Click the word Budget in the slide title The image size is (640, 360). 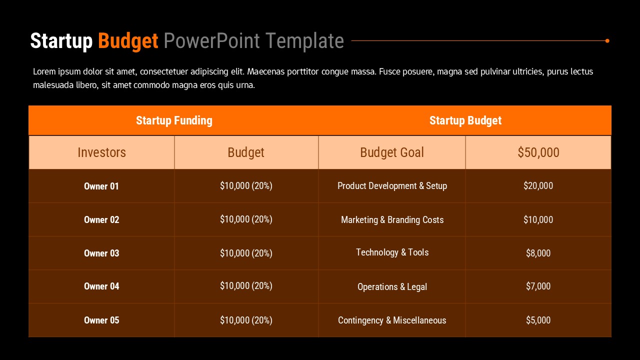pyautogui.click(x=128, y=41)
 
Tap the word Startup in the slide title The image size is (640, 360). pyautogui.click(x=61, y=41)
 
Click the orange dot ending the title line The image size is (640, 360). pyautogui.click(x=607, y=40)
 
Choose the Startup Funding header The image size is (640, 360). pyautogui.click(x=174, y=120)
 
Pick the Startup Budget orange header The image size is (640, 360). pyautogui.click(x=465, y=120)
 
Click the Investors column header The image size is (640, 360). pyautogui.click(x=101, y=152)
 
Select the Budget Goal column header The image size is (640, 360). pyautogui.click(x=392, y=152)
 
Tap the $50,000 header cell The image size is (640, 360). pyautogui.click(x=538, y=152)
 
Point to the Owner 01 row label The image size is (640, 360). pyautogui.click(x=101, y=186)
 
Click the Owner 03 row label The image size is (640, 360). pyautogui.click(x=101, y=253)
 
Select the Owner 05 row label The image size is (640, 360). pyautogui.click(x=101, y=320)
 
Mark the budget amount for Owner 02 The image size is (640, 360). pyautogui.click(x=246, y=219)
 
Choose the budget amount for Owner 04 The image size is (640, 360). pyautogui.click(x=246, y=286)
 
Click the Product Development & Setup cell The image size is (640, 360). pyautogui.click(x=392, y=186)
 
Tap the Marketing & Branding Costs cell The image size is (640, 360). pyautogui.click(x=392, y=220)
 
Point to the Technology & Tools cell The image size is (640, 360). pyautogui.click(x=392, y=252)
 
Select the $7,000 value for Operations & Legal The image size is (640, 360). pyautogui.click(x=538, y=286)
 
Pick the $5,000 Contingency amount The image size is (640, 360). pyautogui.click(x=538, y=320)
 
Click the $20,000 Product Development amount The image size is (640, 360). pyautogui.click(x=538, y=186)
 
